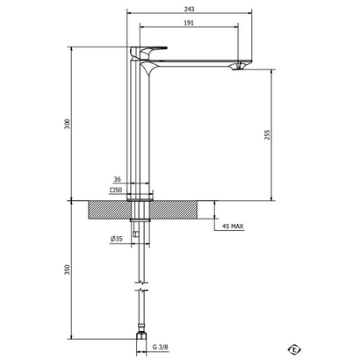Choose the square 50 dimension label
pos(114,189)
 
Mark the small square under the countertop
pos(134,234)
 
